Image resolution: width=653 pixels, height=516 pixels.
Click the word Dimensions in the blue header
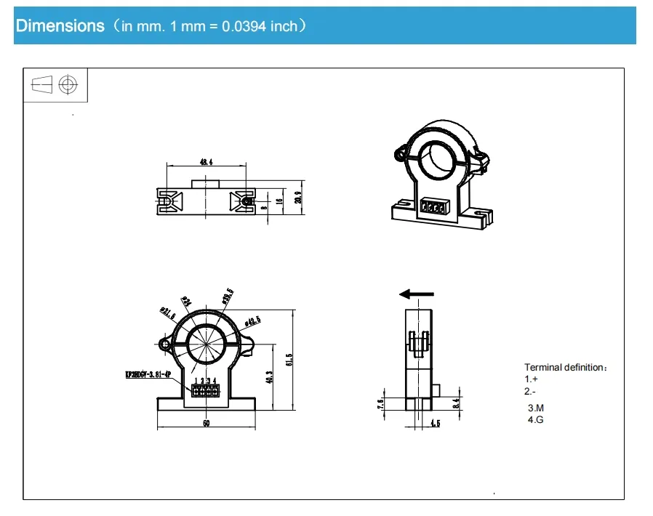click(x=60, y=26)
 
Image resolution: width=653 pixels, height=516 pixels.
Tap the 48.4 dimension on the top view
click(x=206, y=162)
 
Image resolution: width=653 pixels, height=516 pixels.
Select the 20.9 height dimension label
click(x=297, y=198)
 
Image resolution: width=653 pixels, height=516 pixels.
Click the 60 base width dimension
click(x=207, y=423)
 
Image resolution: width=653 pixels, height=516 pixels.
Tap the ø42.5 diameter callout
click(x=253, y=321)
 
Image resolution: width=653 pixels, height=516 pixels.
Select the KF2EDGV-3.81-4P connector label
click(x=148, y=376)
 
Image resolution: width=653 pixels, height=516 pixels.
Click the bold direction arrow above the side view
click(x=417, y=294)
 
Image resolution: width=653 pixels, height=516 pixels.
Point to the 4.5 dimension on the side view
click(x=435, y=423)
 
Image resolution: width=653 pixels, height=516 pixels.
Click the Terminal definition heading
click(x=564, y=368)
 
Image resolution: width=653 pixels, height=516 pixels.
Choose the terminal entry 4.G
click(x=535, y=420)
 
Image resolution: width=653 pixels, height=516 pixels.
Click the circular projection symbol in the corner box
click(x=68, y=85)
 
